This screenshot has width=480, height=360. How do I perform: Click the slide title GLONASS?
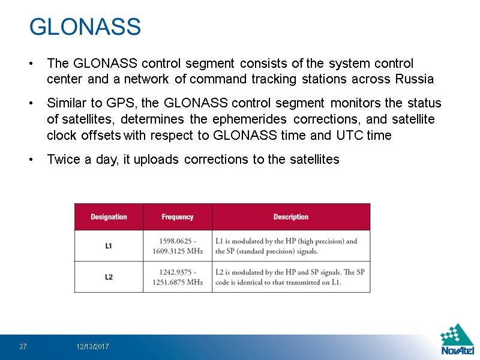[x=85, y=27]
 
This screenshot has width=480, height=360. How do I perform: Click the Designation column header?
[x=109, y=217]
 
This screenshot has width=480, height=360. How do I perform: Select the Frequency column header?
[x=178, y=217]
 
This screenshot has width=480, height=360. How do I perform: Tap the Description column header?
[x=291, y=217]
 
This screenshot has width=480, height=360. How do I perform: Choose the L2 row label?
[x=109, y=277]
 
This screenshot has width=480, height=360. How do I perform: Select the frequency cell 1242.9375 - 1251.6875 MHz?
[x=178, y=277]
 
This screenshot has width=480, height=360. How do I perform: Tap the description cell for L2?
[x=290, y=277]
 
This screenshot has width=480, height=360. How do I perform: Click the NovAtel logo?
[x=457, y=340]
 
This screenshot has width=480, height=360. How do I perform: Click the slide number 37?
[x=23, y=347]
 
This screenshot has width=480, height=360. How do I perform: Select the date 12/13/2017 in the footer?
[x=92, y=347]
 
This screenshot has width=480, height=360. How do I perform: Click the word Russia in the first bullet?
[x=415, y=79]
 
